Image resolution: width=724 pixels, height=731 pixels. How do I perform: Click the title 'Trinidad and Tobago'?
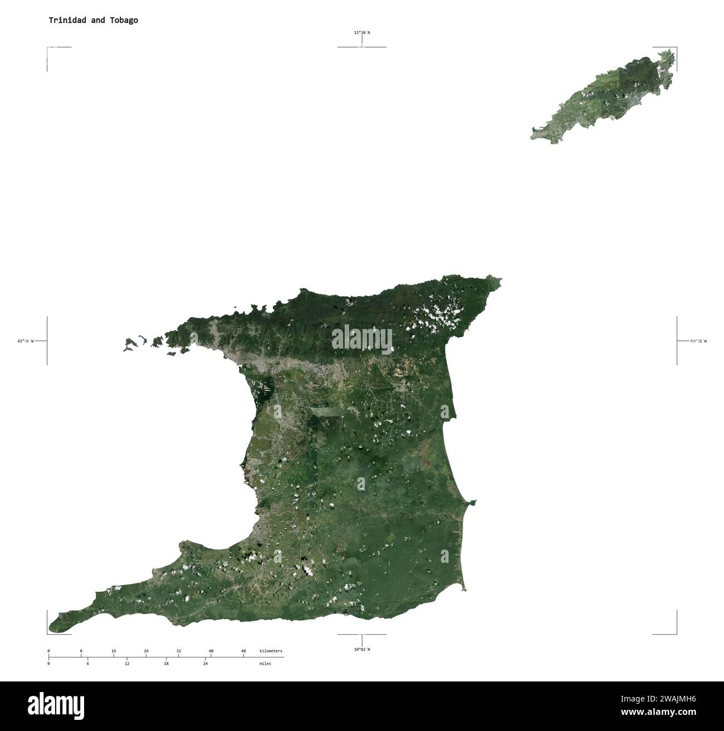pos(93,20)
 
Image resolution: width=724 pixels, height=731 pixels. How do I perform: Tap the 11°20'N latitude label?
pos(361,33)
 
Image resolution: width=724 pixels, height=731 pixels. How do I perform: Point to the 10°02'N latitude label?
pos(361,649)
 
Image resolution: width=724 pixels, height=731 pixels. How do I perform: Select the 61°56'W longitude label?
pos(25,341)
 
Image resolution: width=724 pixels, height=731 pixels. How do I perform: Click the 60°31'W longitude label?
pos(698,341)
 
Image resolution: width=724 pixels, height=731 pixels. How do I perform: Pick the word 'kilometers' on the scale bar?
pos(271,651)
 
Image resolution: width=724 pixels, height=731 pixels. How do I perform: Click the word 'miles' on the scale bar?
pos(265,664)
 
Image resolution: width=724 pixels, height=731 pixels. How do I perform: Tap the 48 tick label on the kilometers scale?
pos(243,651)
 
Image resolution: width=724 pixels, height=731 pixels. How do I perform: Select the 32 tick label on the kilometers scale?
pos(178,651)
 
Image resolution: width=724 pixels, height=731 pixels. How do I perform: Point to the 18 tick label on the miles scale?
pos(166,664)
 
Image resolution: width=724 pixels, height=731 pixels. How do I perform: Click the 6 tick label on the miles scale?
pos(87,664)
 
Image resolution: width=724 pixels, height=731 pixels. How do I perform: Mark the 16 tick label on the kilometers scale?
pos(114,651)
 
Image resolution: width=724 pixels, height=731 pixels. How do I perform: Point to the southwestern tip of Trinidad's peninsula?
pos(52,628)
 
